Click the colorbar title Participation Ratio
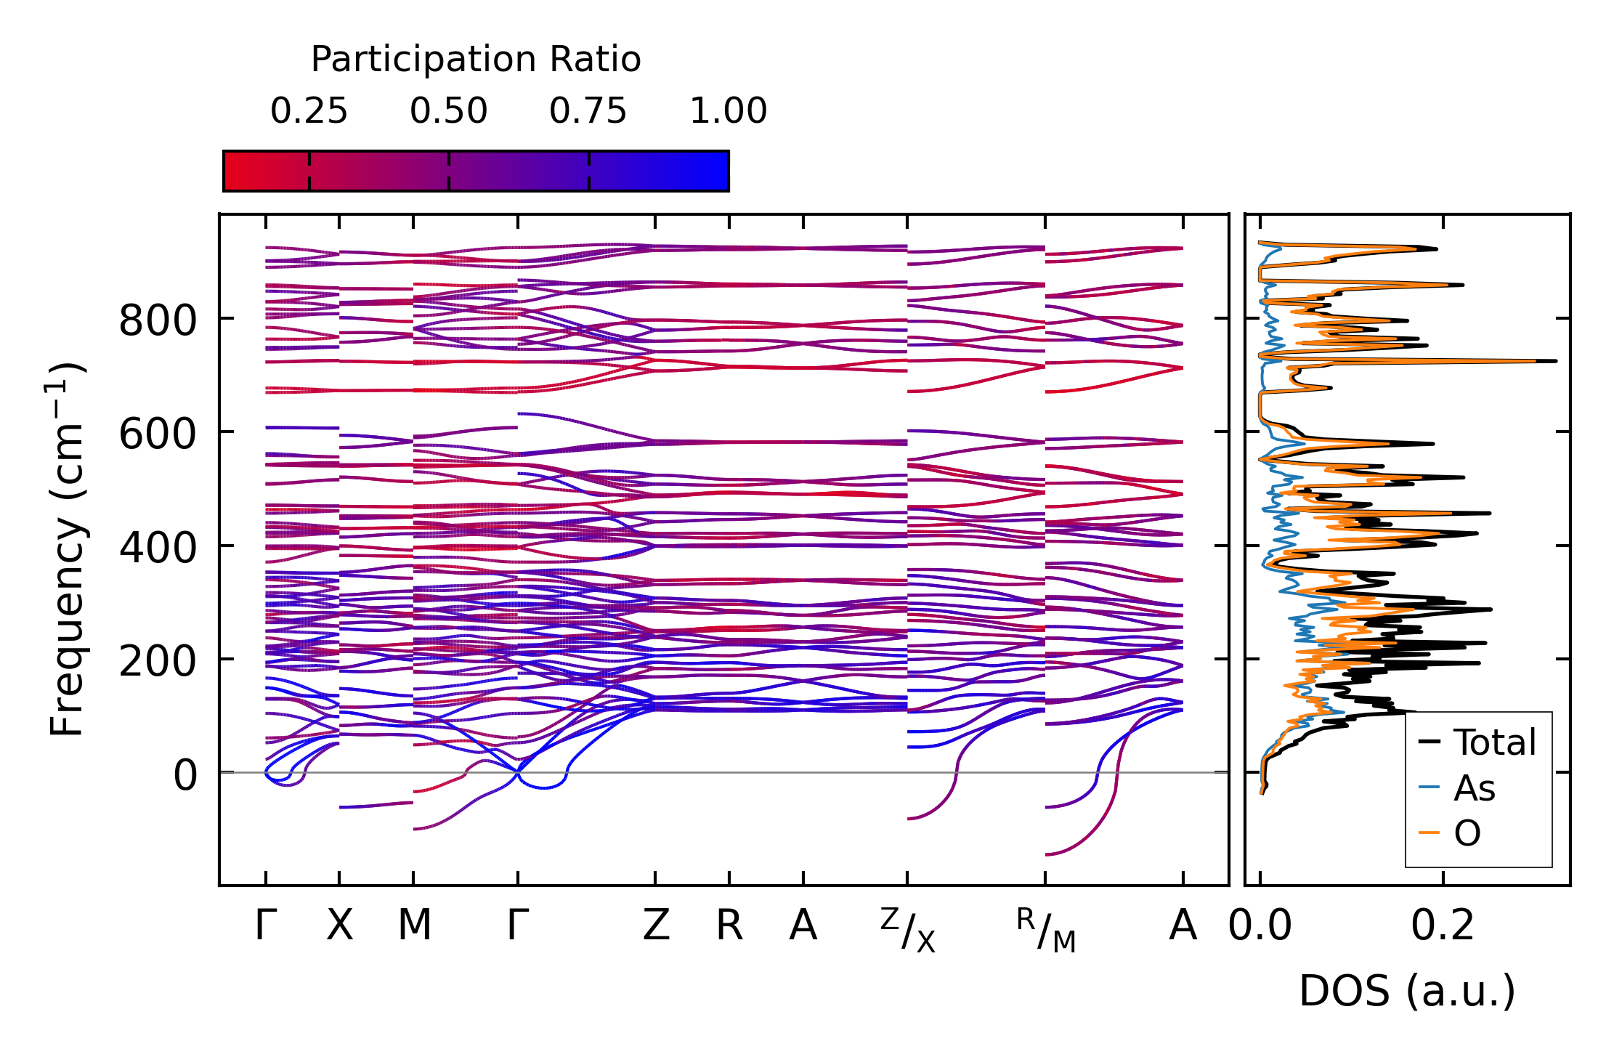pos(476,60)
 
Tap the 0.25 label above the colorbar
pos(309,111)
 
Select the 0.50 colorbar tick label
pos(448,111)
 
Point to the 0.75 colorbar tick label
pos(588,111)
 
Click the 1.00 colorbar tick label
pos(728,111)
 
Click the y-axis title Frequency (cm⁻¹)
pos(67,549)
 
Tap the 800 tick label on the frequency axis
pos(157,320)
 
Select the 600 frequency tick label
pos(157,434)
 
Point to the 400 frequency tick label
pos(157,548)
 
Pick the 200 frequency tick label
pos(157,662)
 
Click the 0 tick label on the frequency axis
pos(184,775)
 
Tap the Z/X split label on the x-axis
pos(908,930)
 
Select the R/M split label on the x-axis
pos(1046,930)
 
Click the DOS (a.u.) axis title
pos(1407,992)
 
